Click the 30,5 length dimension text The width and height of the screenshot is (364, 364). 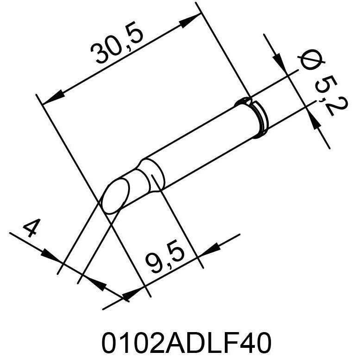click(118, 47)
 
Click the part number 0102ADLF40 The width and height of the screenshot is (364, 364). click(185, 343)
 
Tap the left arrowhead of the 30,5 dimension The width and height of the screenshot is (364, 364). click(52, 98)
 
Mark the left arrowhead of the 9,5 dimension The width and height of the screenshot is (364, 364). click(132, 292)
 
